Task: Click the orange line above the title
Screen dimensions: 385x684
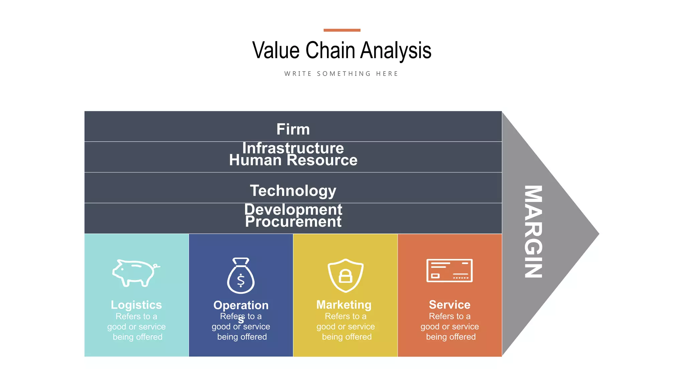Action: [342, 30]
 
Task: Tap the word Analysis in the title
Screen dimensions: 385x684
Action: [396, 50]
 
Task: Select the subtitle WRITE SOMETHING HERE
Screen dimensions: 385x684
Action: [341, 74]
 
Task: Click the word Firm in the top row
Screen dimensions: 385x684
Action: [293, 129]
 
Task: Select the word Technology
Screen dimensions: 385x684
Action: [293, 190]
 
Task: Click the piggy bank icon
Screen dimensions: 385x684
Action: [135, 272]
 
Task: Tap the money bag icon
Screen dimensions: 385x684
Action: [241, 276]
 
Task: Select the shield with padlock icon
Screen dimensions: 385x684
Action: [345, 275]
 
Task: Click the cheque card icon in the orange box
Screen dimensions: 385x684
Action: [449, 270]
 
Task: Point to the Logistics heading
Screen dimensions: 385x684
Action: [136, 305]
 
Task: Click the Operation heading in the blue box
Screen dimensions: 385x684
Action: [241, 305]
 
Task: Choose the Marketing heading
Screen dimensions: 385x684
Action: [344, 305]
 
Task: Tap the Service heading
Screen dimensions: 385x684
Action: [450, 305]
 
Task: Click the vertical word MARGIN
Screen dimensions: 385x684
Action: [533, 232]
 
